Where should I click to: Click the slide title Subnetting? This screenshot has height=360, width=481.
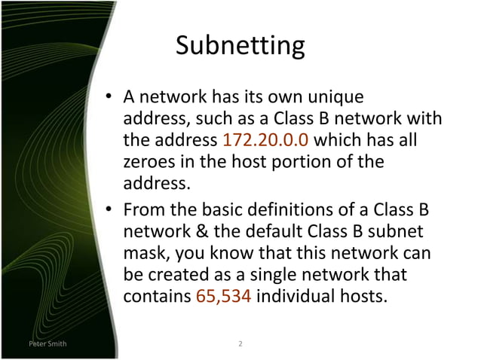(x=240, y=46)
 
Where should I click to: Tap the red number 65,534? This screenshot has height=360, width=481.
(x=224, y=295)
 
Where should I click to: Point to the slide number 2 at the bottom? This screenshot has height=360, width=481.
(x=240, y=344)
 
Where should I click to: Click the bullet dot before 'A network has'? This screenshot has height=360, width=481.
(x=110, y=98)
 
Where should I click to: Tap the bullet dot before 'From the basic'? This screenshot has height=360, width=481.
(x=110, y=209)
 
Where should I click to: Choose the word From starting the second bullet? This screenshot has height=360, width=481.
(x=145, y=209)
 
